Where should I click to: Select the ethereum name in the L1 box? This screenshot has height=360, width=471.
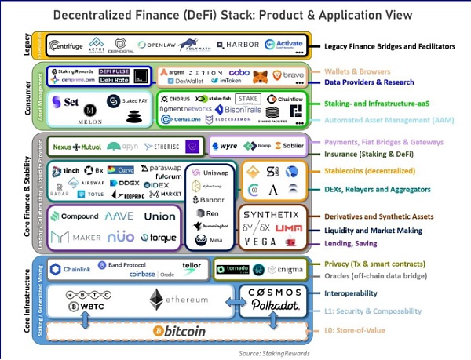tap(186, 300)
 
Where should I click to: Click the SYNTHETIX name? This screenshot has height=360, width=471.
tap(271, 214)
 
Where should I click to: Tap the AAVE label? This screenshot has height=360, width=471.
tap(120, 216)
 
